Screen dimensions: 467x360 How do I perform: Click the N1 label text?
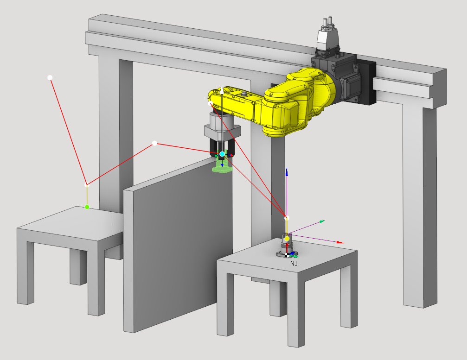coord(294,263)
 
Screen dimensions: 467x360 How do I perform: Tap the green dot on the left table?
coord(87,207)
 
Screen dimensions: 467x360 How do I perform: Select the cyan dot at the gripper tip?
coord(222,154)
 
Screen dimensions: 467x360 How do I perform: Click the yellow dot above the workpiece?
coord(287,239)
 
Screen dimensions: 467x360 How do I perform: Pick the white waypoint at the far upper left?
coord(50,78)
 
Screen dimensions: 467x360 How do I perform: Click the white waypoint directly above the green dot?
coord(87,185)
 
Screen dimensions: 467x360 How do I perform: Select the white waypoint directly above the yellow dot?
coord(287,218)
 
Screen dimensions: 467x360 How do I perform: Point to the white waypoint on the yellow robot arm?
coord(210,103)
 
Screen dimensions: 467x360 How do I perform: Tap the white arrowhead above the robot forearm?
coord(222,90)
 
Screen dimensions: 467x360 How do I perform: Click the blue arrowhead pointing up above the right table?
coord(287,172)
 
